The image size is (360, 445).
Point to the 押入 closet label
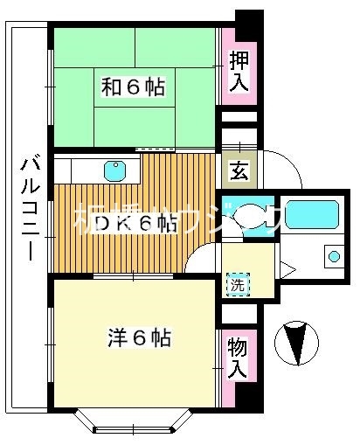tap(239, 72)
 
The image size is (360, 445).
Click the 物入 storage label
tap(238, 357)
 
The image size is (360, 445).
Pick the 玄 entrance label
tap(238, 170)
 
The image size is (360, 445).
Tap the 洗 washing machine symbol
tap(238, 284)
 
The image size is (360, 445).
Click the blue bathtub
tap(311, 215)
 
